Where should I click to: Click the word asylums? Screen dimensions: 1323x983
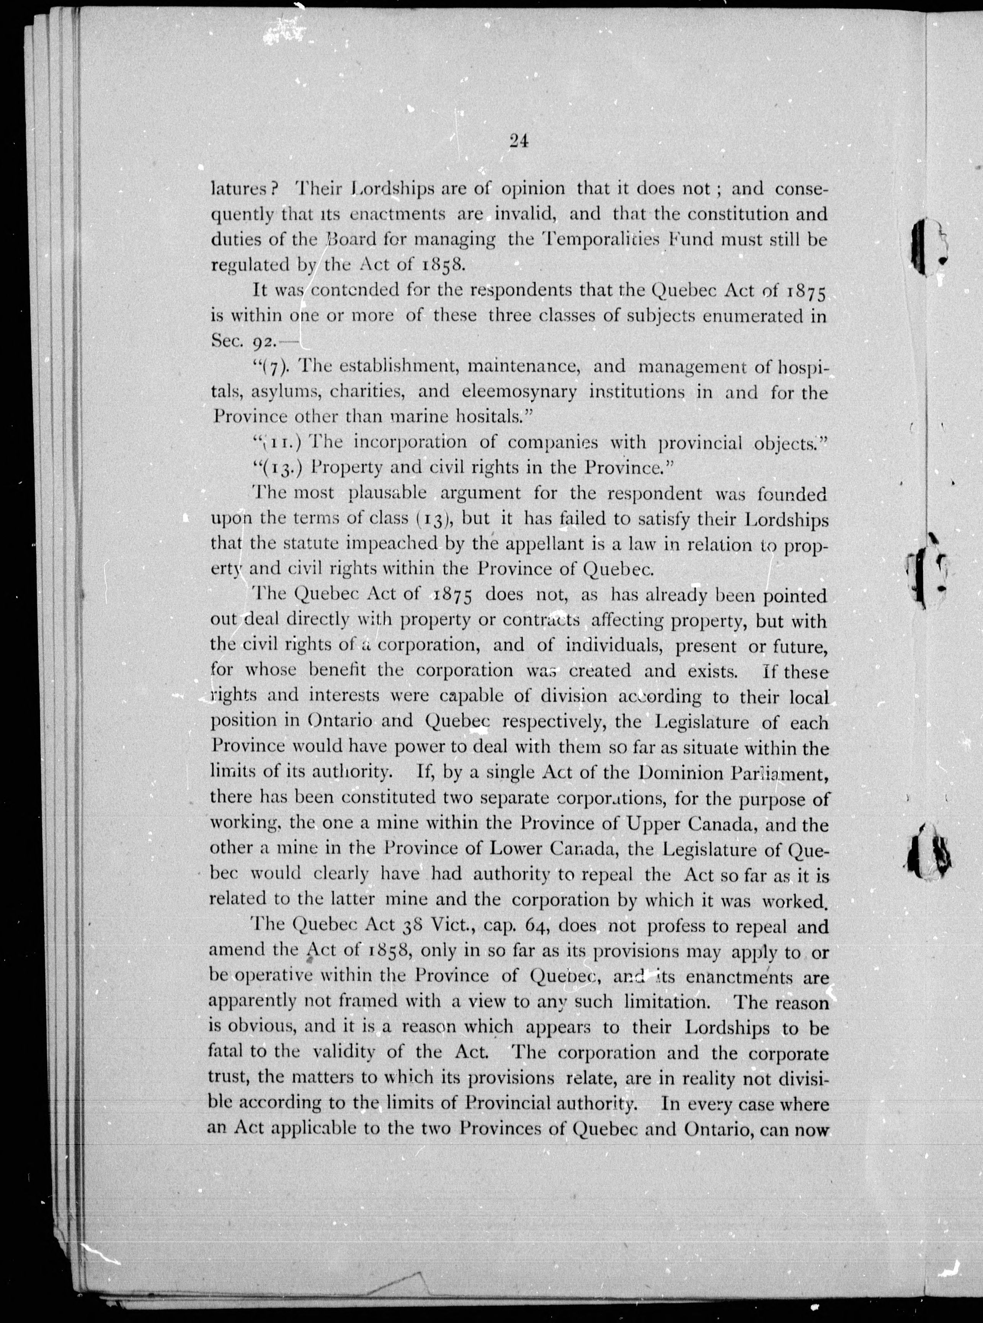[x=285, y=392]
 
